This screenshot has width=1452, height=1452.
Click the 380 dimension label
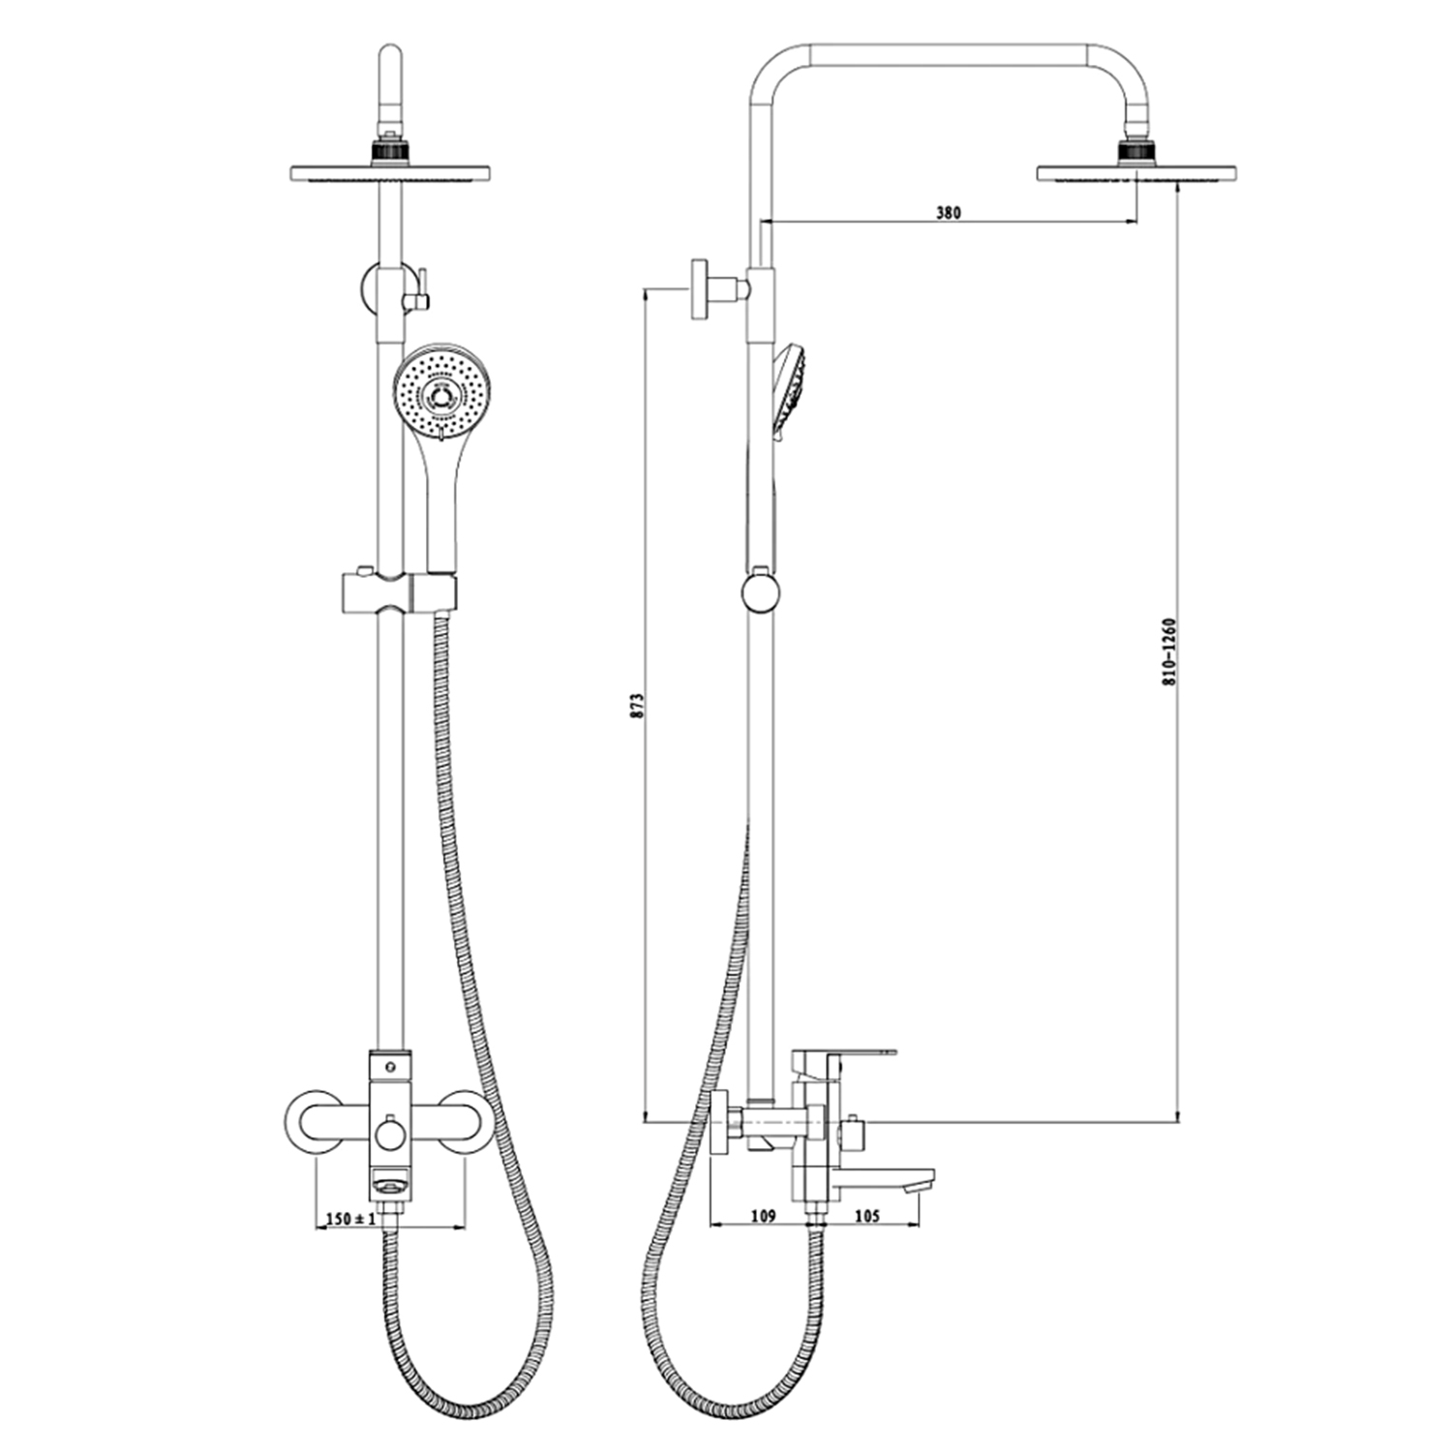[x=949, y=212]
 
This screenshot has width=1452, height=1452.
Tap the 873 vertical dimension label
[x=636, y=704]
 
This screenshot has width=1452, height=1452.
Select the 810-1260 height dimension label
[x=1168, y=651]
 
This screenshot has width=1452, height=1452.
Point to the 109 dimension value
[x=764, y=1216]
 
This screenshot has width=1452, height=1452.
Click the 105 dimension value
[x=867, y=1216]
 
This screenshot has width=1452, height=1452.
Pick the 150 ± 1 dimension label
[x=350, y=1219]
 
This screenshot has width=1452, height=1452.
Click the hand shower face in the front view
[x=442, y=393]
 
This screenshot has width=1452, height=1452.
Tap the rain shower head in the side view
[x=1135, y=173]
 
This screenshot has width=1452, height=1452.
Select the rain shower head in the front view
[x=389, y=173]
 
